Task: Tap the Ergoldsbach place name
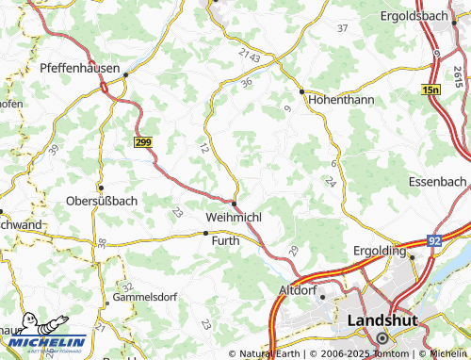(x=424, y=16)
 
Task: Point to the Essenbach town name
(x=438, y=180)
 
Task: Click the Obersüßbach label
(x=103, y=201)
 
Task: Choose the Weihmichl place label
(x=233, y=218)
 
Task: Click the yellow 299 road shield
(x=143, y=139)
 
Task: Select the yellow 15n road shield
(x=431, y=88)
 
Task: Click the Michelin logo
(x=44, y=343)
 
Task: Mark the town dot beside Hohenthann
(x=301, y=91)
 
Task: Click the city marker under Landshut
(x=382, y=338)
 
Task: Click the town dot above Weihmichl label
(x=235, y=203)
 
